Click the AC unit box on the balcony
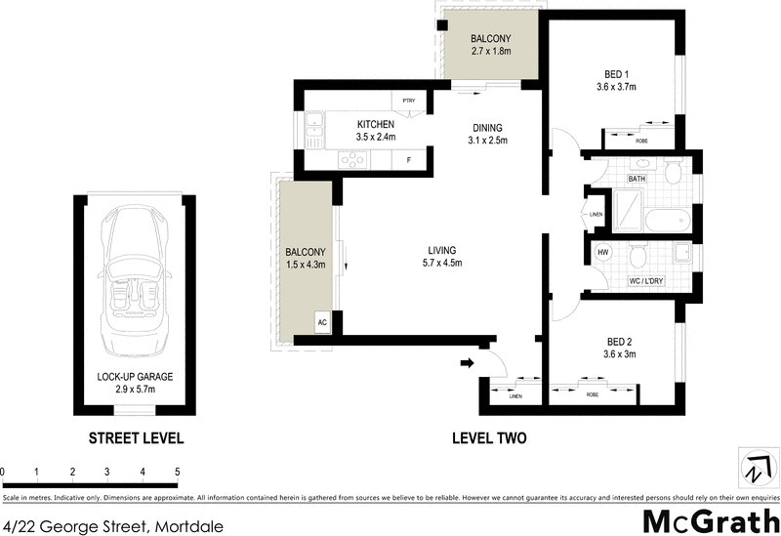point(320,321)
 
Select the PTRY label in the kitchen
point(406,100)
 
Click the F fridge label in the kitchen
point(408,159)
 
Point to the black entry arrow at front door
point(467,364)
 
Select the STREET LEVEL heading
point(136,438)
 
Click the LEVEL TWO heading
point(489,438)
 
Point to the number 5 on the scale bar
point(178,473)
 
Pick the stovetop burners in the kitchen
point(349,161)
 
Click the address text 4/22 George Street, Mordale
point(112,526)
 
